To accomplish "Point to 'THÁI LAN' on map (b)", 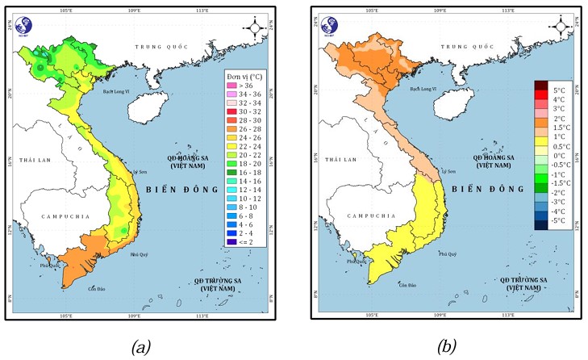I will (x=340, y=161).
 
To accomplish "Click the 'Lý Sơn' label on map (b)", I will (x=447, y=171).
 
